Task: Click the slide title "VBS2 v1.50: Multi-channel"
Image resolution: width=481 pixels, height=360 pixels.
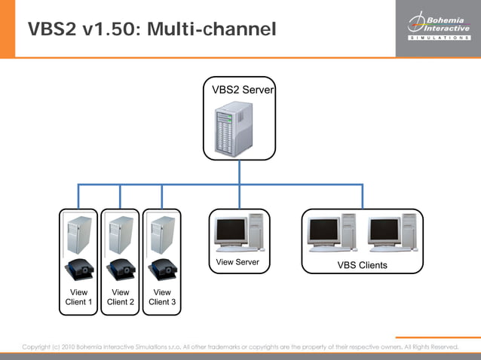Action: [x=152, y=29]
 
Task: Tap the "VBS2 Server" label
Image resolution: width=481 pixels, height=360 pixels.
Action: [x=243, y=90]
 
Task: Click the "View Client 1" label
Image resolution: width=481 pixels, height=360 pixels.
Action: [x=78, y=297]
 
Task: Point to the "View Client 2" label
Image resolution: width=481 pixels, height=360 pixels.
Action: [x=120, y=297]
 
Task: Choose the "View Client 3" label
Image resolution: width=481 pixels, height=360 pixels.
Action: [x=161, y=297]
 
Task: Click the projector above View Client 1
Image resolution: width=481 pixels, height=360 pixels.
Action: [x=79, y=268]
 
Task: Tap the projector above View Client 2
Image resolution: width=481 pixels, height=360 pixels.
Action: [x=121, y=268]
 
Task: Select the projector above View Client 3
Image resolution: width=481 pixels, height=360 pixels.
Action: [x=162, y=268]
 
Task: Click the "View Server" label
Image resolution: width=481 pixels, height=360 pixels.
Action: [x=237, y=263]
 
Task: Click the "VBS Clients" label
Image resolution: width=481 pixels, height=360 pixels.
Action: [x=362, y=265]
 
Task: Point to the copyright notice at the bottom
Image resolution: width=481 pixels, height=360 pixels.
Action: [x=240, y=346]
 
